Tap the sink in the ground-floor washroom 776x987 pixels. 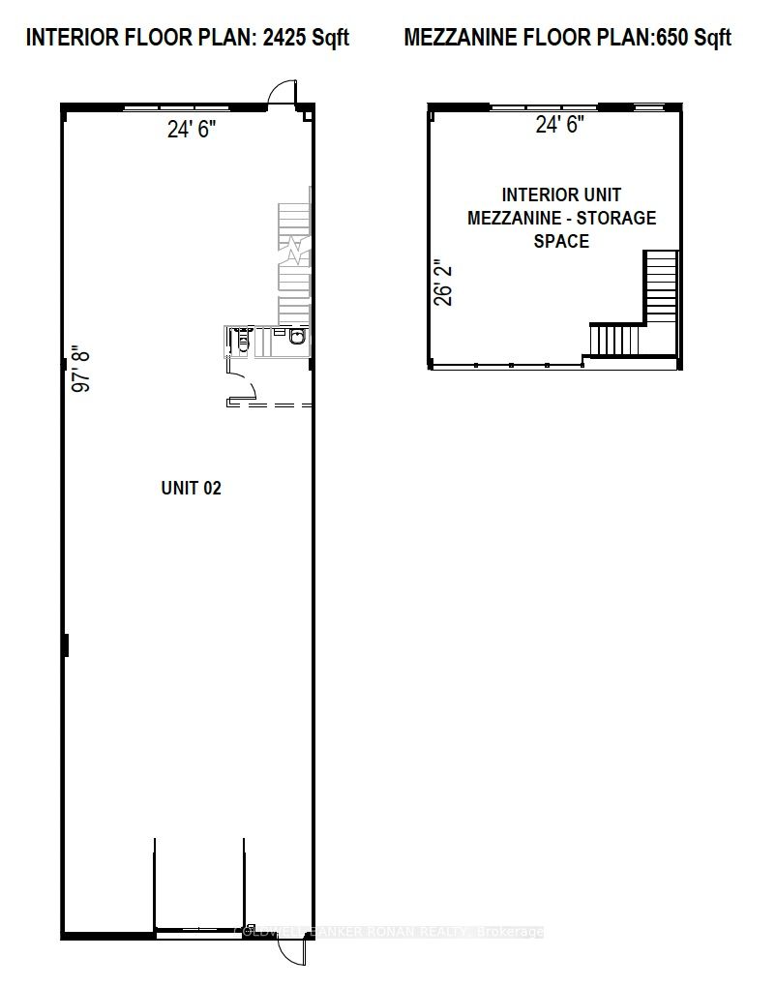click(x=296, y=337)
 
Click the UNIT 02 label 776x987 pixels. click(x=191, y=488)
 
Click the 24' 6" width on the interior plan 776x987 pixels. click(x=191, y=130)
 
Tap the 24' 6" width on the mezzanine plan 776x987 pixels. click(x=559, y=125)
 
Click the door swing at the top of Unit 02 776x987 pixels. click(x=279, y=92)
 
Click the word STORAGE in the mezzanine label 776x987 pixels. click(x=618, y=218)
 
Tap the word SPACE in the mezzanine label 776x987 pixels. click(x=561, y=241)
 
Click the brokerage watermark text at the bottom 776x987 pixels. click(x=390, y=932)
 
